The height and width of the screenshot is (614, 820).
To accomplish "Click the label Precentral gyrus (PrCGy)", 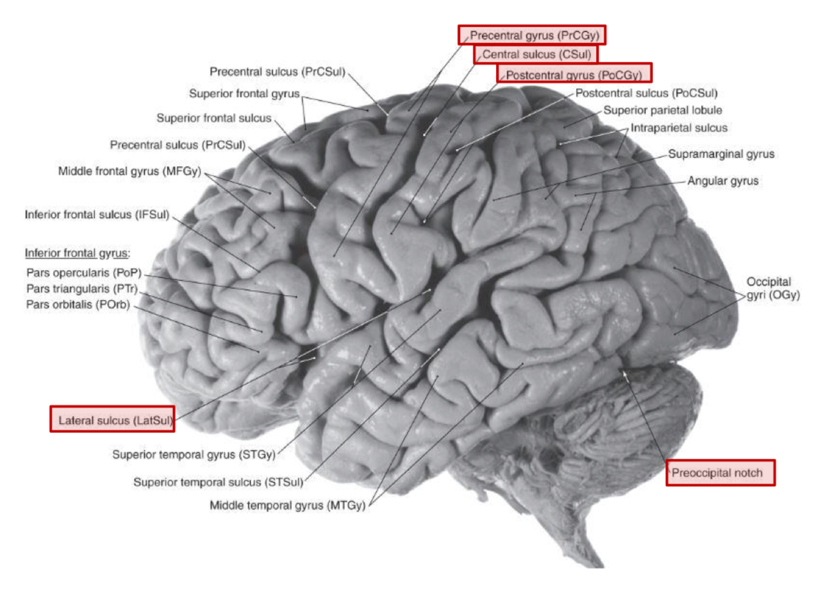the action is click(x=532, y=35).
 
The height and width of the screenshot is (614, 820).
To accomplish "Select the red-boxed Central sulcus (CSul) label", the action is click(x=535, y=55).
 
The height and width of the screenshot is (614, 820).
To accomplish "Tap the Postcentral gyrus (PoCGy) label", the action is click(x=574, y=74).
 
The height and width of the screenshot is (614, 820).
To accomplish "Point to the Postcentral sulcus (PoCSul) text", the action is click(x=646, y=93).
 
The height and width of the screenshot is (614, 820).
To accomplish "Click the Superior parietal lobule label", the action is click(x=662, y=111).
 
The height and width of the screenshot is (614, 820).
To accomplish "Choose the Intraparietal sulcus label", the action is click(x=679, y=128).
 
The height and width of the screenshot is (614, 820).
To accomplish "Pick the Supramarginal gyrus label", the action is click(x=720, y=154).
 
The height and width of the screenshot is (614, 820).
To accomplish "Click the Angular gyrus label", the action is click(x=722, y=181).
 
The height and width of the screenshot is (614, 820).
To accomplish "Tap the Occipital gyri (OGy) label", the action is click(x=772, y=288).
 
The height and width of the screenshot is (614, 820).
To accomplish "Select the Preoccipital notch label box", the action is click(x=720, y=473).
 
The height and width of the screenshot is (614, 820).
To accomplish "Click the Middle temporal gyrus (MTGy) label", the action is click(x=287, y=505).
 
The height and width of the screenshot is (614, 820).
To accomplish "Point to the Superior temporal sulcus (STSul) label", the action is click(x=218, y=482).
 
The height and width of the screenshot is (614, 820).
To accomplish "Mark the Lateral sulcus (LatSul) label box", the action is click(x=112, y=420).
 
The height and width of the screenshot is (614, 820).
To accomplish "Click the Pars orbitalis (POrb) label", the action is click(x=77, y=305).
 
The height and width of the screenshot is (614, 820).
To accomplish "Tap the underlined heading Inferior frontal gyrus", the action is click(x=77, y=253).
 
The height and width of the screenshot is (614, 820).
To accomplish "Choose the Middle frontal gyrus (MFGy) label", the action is click(x=129, y=171).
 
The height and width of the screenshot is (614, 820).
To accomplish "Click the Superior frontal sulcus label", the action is click(x=213, y=118).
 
